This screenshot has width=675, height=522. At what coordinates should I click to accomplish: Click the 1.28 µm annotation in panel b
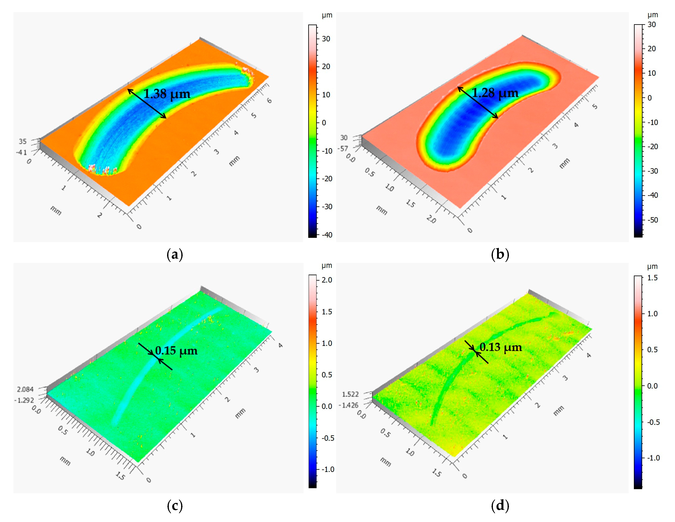(x=495, y=93)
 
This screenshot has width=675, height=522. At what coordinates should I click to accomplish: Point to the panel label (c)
(x=175, y=506)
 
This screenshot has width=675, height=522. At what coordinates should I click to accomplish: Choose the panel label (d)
(x=500, y=506)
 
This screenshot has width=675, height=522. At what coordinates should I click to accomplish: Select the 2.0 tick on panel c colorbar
(x=327, y=280)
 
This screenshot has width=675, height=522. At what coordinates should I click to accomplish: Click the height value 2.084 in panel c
(x=25, y=389)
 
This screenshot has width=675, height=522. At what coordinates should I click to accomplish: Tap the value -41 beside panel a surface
(x=22, y=152)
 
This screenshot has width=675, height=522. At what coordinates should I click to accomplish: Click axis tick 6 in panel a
(x=269, y=101)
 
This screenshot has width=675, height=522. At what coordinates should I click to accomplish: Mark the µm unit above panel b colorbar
(x=652, y=15)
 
